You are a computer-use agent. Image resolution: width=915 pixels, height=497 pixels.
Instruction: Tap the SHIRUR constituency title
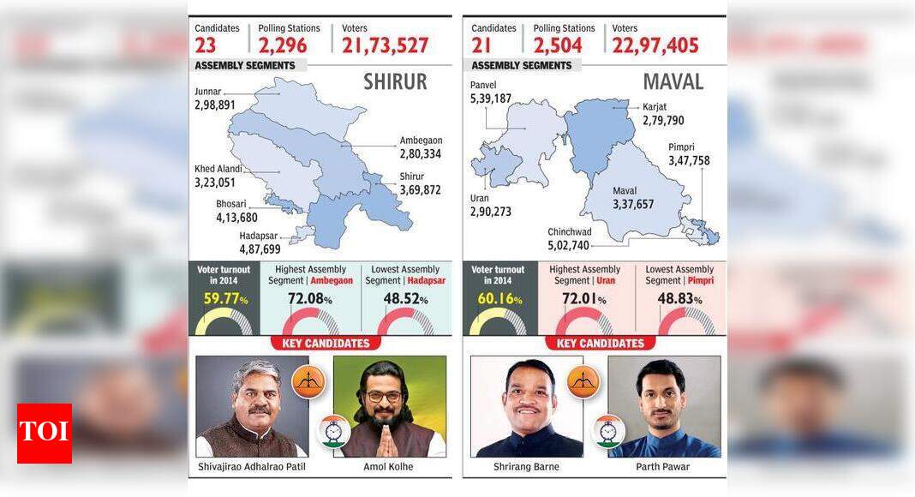(x=395, y=82)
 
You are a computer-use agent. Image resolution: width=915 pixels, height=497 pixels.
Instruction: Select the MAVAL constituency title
(x=673, y=82)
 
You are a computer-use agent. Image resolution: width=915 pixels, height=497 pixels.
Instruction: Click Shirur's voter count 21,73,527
(x=385, y=45)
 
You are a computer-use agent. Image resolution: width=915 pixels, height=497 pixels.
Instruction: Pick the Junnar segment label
(x=208, y=92)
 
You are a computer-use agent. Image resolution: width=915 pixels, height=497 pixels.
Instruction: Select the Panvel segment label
(x=483, y=86)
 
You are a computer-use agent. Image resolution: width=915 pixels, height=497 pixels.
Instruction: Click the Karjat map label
(x=655, y=107)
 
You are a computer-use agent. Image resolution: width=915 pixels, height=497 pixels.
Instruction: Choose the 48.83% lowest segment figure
(x=679, y=300)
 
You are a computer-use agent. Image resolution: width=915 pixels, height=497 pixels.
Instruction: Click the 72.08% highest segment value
(x=309, y=300)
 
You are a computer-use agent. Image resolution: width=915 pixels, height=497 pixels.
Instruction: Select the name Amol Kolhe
(x=389, y=467)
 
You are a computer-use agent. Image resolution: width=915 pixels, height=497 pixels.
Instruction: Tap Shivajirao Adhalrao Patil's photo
(x=251, y=406)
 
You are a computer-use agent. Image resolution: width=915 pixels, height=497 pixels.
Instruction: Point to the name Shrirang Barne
(x=526, y=467)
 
